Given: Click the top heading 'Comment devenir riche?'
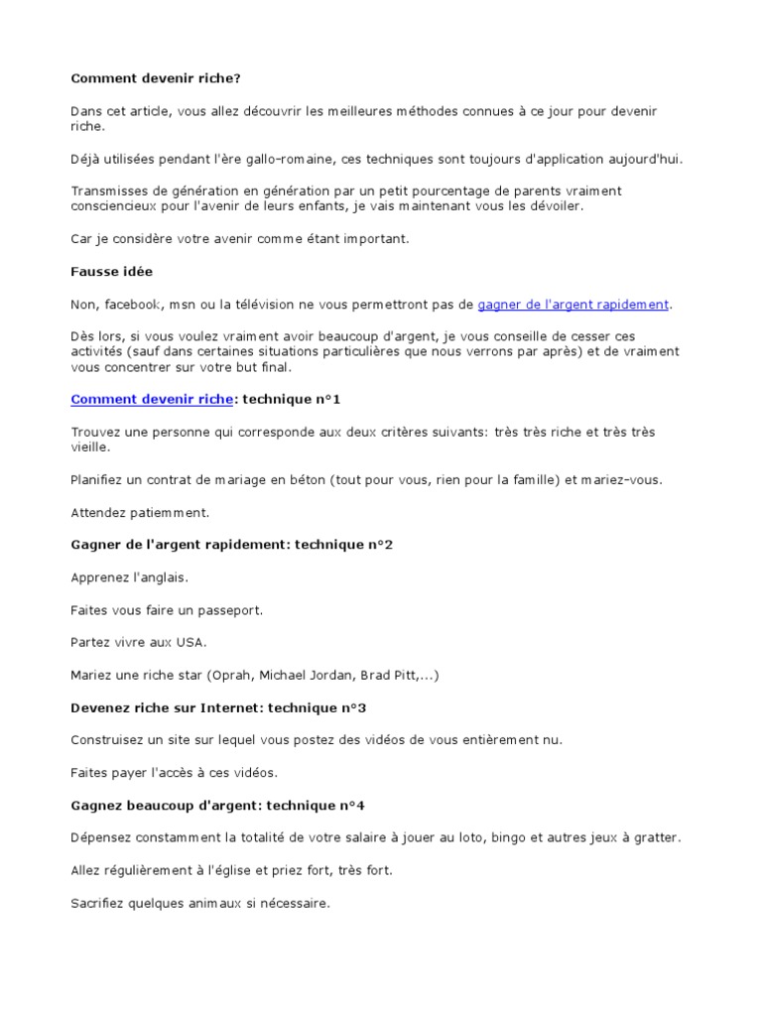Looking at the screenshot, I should click(x=156, y=78).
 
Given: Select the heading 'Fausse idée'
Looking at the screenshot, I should click(x=111, y=271).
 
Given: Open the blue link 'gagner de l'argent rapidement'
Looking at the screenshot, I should click(x=573, y=304).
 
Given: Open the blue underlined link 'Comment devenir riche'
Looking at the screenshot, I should click(x=151, y=399).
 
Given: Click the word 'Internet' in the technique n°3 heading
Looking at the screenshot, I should click(x=205, y=707).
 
